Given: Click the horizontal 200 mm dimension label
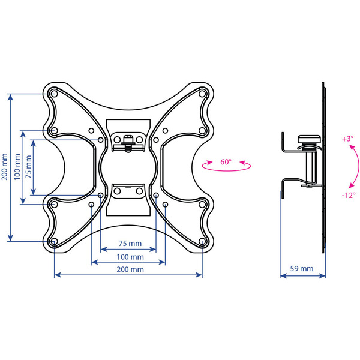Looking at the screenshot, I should (x=129, y=269).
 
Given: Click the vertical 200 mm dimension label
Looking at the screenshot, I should (x=5, y=167).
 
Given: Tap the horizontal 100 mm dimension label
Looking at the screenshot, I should (x=129, y=257).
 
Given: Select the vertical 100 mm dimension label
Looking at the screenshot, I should (x=17, y=167).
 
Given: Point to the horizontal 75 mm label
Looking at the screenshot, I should (x=129, y=244).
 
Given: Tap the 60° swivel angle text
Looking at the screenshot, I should (x=226, y=162).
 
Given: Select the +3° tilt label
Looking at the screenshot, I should (x=347, y=139).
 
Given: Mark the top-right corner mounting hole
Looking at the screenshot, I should (x=202, y=94).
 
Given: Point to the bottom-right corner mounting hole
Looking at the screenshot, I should (x=202, y=242).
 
